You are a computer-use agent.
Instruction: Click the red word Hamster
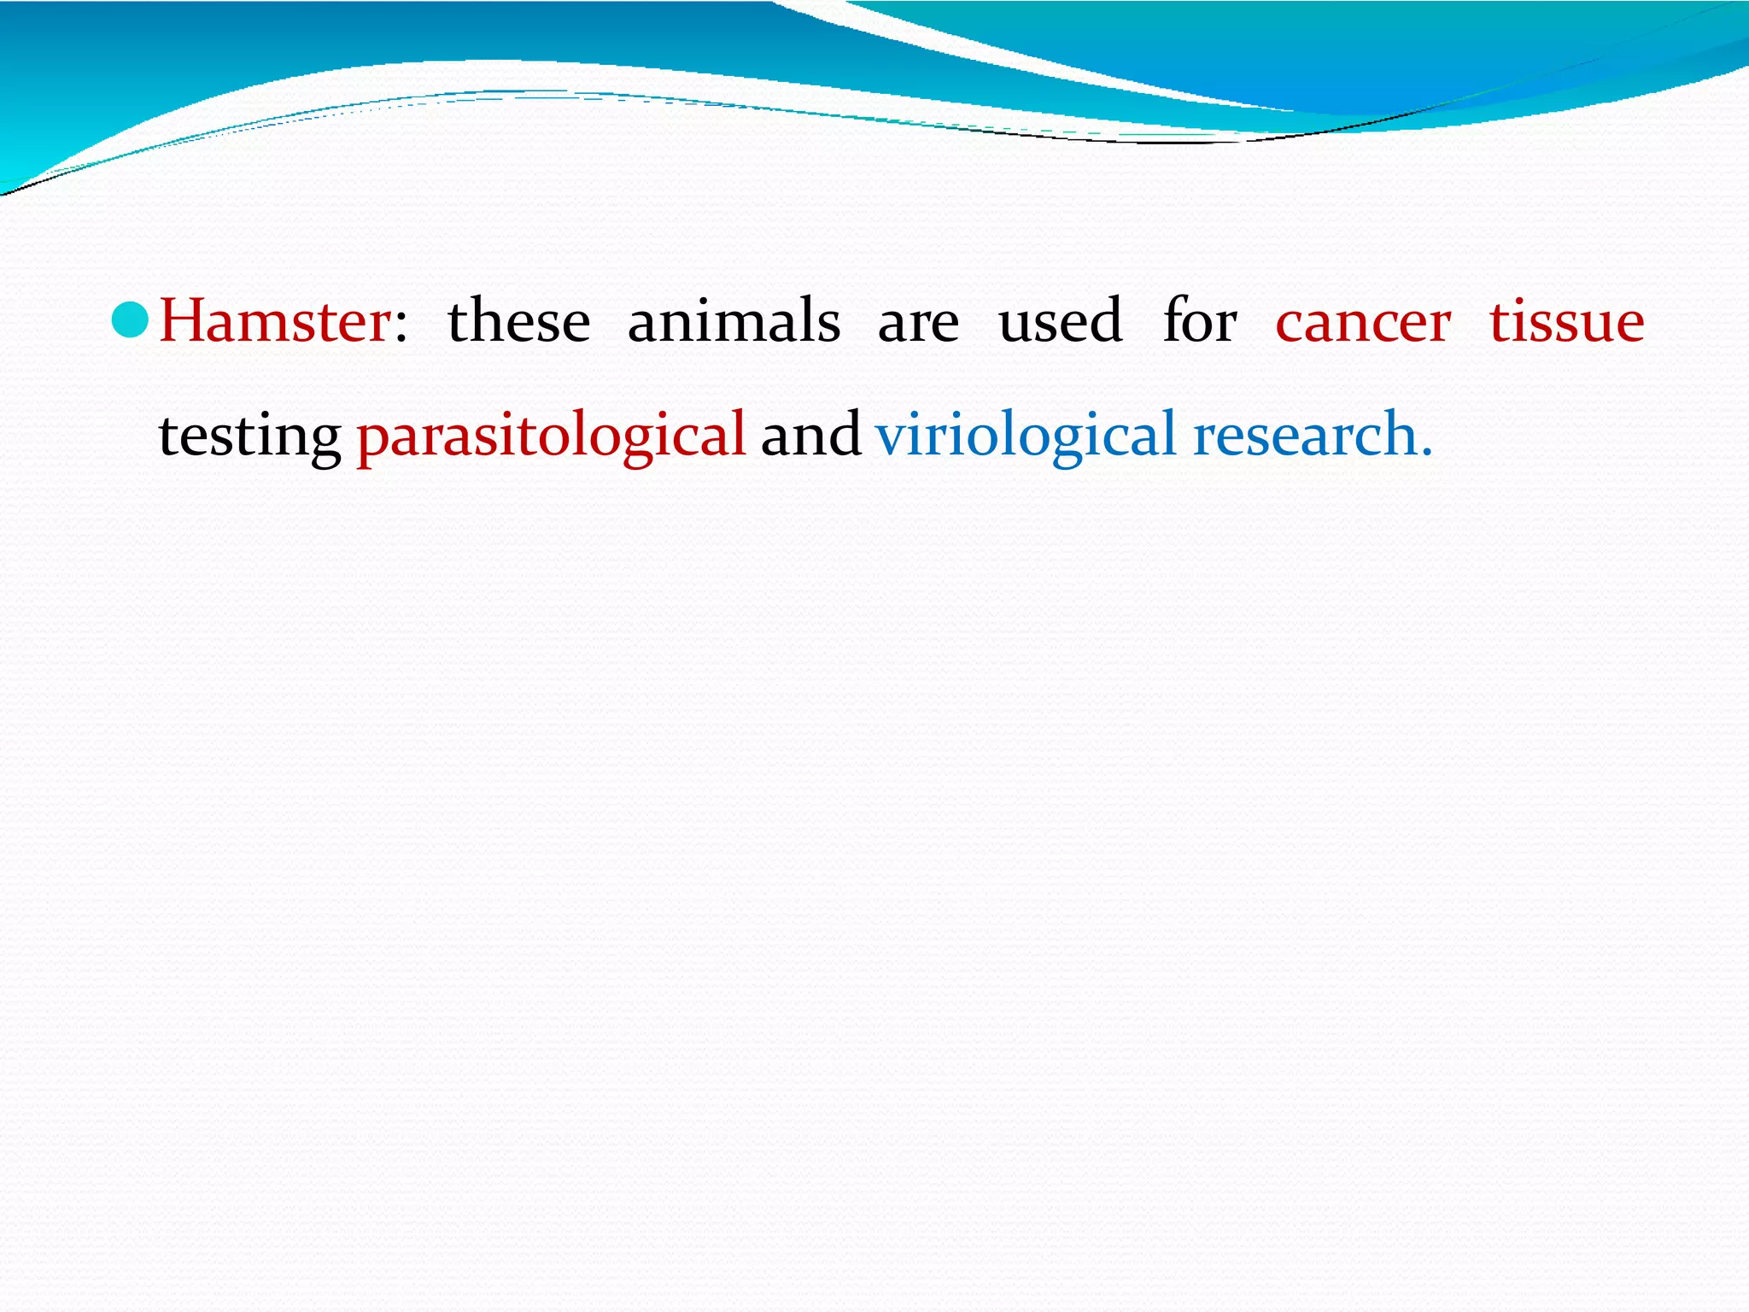pyautogui.click(x=275, y=322)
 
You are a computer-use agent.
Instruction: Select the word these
pyautogui.click(x=518, y=322)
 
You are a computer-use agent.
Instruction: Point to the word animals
pyautogui.click(x=734, y=322)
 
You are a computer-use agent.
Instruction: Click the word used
pyautogui.click(x=1060, y=322)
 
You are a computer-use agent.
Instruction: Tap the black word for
pyautogui.click(x=1199, y=322)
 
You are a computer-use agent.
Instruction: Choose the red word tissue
pyautogui.click(x=1567, y=322)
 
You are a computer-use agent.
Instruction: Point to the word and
pyautogui.click(x=810, y=434)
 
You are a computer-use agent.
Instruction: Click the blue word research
pyautogui.click(x=1305, y=434)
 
